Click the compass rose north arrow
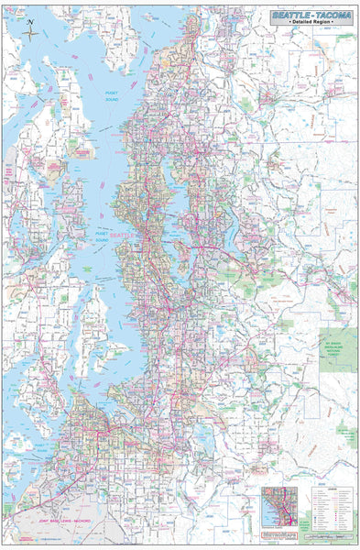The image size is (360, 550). click(x=30, y=31)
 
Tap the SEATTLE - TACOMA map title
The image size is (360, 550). click(x=311, y=16)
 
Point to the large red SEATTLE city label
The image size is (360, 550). click(x=124, y=235)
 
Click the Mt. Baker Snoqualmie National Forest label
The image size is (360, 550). click(x=336, y=345)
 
